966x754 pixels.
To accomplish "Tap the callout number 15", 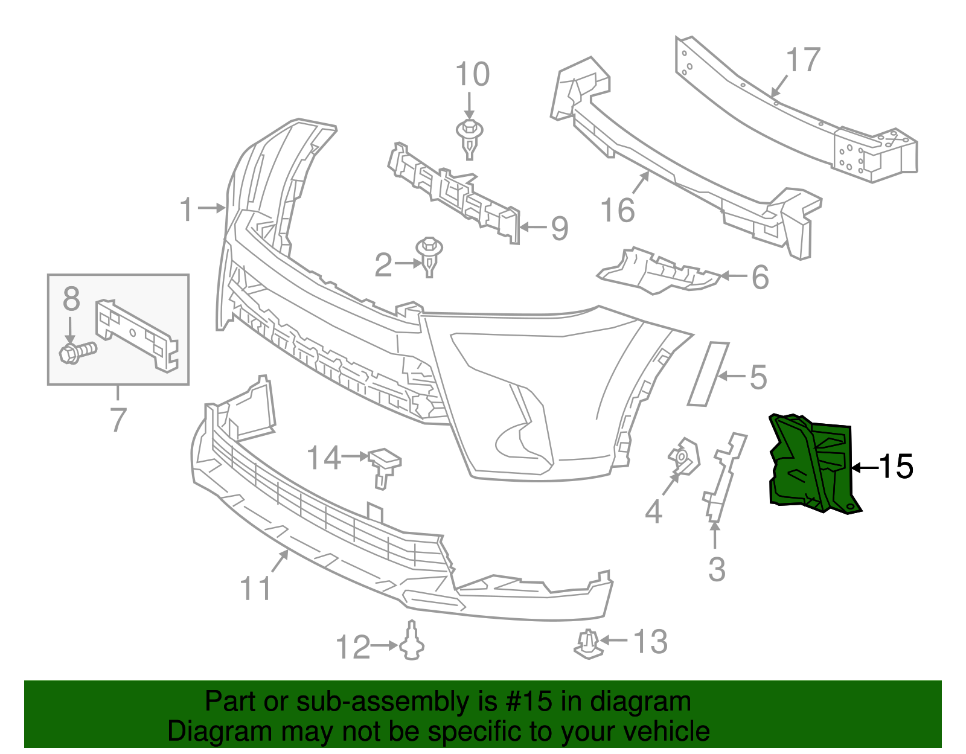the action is point(896,467).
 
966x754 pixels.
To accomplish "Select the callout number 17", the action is point(803,61).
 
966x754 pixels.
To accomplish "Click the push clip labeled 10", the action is point(469,136).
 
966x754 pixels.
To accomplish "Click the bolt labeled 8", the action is point(77,351).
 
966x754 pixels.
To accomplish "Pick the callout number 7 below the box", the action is point(118,420).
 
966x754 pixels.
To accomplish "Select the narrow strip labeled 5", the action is point(708,374).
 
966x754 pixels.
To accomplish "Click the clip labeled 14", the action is point(384,464).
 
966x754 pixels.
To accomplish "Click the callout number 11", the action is point(255,588).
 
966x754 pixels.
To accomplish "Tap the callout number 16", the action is point(618,211).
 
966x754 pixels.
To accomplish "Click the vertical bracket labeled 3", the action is point(723,477).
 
